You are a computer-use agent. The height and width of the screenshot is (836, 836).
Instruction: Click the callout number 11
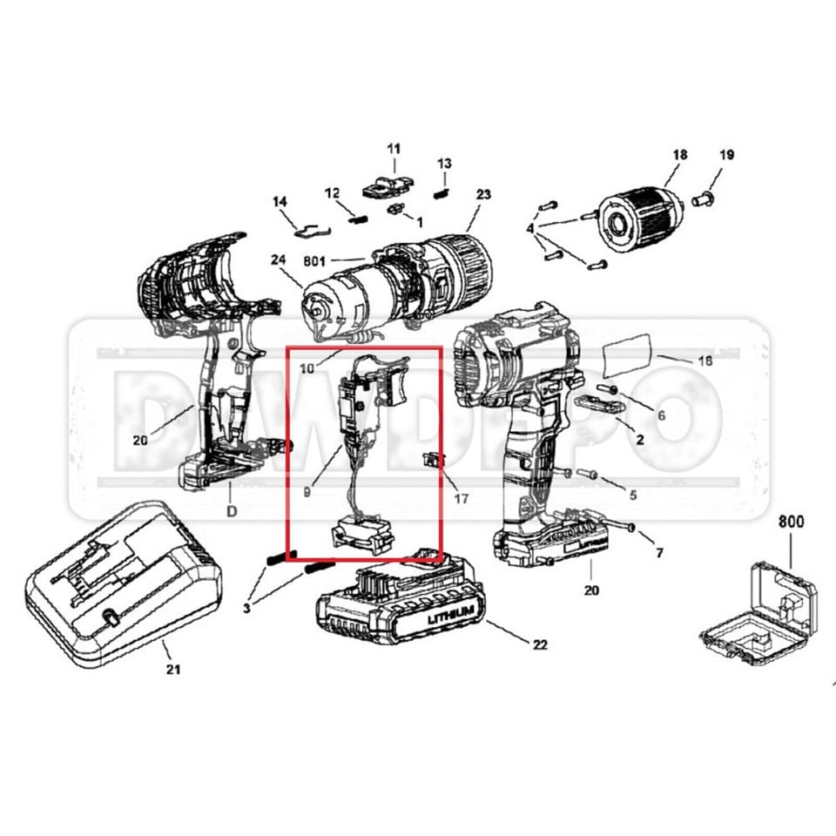(394, 148)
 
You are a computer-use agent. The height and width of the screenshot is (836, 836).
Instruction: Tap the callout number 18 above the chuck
(680, 155)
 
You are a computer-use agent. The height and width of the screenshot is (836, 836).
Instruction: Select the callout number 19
(726, 155)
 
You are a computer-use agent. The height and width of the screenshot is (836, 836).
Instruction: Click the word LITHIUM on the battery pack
(450, 614)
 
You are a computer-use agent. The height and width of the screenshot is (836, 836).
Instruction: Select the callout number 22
(540, 645)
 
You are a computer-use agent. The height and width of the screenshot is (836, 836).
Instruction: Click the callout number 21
(173, 670)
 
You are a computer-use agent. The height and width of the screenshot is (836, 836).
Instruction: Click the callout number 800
(791, 523)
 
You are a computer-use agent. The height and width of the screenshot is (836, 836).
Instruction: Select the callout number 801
(315, 260)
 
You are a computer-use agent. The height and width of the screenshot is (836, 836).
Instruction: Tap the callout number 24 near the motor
(279, 259)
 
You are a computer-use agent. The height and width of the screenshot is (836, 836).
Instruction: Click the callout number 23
(484, 194)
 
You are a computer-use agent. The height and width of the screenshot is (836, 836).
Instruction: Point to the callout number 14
(280, 202)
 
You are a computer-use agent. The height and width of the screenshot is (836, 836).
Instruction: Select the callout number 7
(659, 553)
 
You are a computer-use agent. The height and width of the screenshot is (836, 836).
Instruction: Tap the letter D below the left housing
(232, 511)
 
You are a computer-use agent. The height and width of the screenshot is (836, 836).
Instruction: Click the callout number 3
(247, 608)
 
